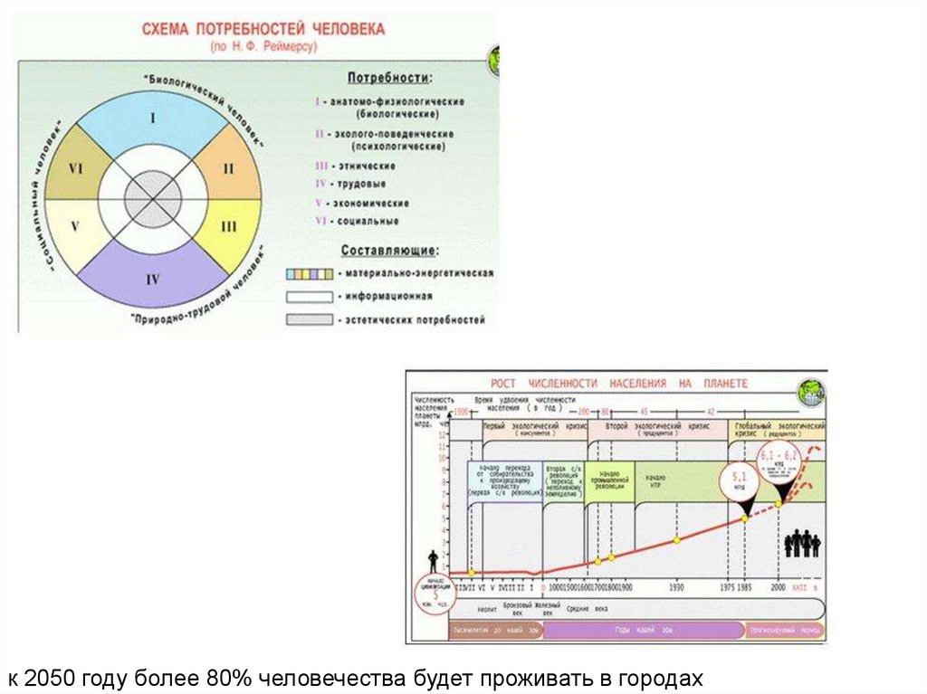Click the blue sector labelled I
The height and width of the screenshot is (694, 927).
[152, 119]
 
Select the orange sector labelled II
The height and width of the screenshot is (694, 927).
[228, 167]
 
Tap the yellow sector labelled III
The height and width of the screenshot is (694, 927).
[228, 226]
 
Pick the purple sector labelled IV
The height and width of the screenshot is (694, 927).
[152, 280]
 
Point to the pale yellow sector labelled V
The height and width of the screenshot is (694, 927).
[76, 226]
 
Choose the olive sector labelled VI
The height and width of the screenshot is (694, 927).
[76, 167]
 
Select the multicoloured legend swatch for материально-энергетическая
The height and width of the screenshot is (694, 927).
[307, 273]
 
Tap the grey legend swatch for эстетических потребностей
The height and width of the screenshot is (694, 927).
[307, 319]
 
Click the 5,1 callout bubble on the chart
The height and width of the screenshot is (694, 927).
[738, 480]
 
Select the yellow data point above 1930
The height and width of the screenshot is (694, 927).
[676, 540]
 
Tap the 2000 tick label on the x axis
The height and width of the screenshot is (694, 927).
[778, 587]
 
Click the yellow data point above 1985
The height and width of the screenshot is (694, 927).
[744, 518]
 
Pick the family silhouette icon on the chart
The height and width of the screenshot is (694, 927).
[801, 543]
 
